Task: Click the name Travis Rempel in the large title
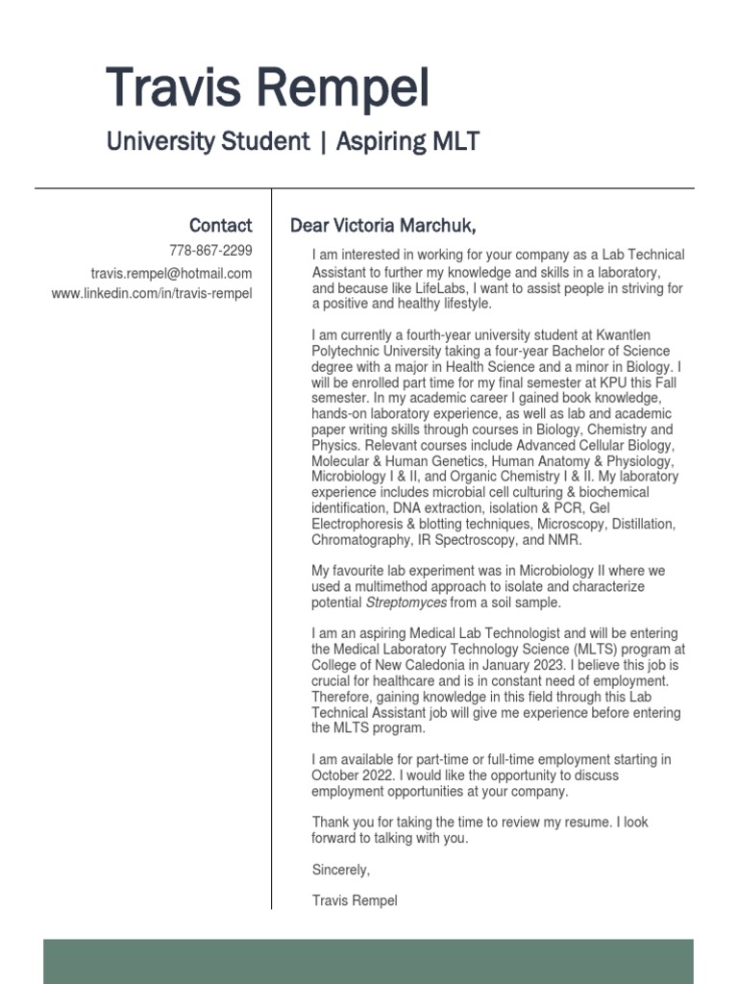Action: click(x=267, y=88)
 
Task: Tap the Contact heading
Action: click(x=220, y=226)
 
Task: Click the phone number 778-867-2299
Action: click(x=210, y=251)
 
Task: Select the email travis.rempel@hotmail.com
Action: click(x=171, y=273)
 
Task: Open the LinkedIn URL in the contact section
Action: click(x=152, y=293)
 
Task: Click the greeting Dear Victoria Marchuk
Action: click(x=382, y=226)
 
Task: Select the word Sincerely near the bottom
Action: click(x=340, y=870)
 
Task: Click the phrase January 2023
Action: click(x=517, y=665)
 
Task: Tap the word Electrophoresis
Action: click(x=361, y=524)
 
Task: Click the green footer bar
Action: click(x=368, y=961)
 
